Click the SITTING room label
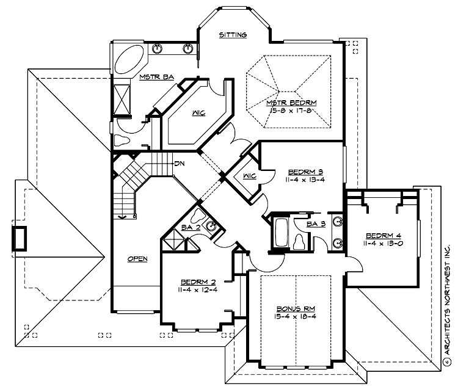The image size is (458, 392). pyautogui.click(x=233, y=35)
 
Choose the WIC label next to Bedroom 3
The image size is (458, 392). pyautogui.click(x=249, y=176)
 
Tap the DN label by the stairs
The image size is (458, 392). pyautogui.click(x=180, y=163)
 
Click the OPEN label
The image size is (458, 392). pyautogui.click(x=137, y=259)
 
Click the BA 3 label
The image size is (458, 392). pyautogui.click(x=315, y=224)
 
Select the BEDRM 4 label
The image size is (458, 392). pyautogui.click(x=383, y=236)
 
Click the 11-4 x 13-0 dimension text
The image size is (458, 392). pyautogui.click(x=383, y=244)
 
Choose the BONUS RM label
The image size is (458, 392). pyautogui.click(x=291, y=309)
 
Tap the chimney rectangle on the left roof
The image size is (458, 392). pyautogui.click(x=20, y=238)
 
